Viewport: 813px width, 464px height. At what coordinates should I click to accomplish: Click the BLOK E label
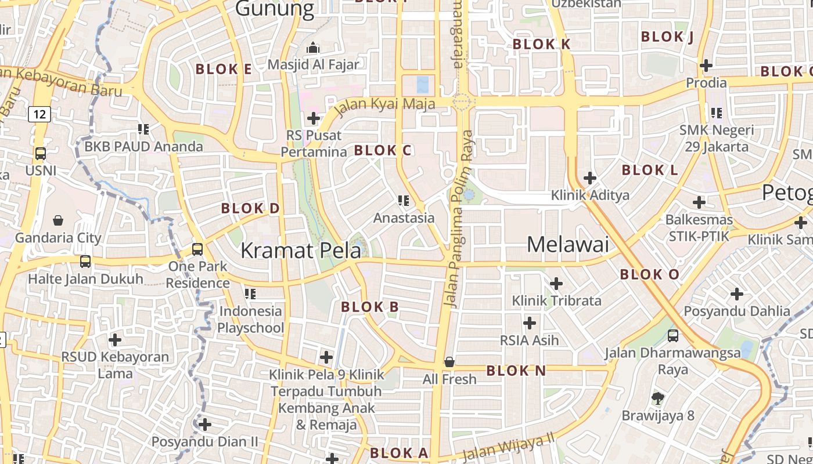224,70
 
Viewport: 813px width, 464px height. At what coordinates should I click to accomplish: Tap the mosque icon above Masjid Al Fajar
313,48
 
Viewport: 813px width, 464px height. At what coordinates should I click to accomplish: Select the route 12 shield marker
39,114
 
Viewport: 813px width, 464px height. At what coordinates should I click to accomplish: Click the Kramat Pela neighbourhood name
300,251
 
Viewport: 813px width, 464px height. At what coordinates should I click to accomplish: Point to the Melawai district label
568,245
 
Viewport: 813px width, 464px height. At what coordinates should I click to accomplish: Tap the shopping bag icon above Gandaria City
58,220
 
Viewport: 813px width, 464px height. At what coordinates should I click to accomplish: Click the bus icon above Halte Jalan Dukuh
85,262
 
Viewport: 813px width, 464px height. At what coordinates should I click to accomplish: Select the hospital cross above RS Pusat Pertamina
314,118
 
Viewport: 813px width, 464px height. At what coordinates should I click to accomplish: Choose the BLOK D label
250,208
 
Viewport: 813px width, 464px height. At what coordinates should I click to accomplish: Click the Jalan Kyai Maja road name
385,106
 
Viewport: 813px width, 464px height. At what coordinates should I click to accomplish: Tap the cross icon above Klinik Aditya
590,177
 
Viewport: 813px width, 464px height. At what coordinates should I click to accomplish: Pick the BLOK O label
649,275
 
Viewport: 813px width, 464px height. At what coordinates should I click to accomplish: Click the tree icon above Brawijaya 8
658,398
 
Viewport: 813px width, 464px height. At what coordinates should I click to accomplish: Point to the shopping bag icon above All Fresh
449,362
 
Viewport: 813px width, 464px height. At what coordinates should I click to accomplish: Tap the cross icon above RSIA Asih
530,322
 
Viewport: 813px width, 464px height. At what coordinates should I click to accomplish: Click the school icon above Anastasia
404,201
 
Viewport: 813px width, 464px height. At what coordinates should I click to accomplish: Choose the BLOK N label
516,371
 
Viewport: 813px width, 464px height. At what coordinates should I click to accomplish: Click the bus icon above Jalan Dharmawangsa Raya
673,335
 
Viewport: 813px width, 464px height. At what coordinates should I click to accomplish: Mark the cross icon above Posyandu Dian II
204,425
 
